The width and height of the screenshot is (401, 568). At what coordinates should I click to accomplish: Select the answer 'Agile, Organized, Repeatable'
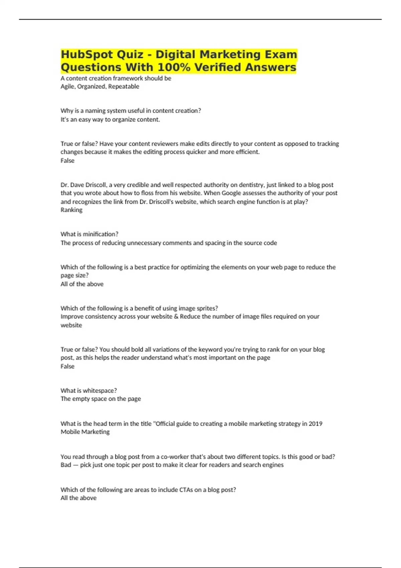tap(100, 87)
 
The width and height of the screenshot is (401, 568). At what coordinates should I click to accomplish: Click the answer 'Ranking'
tap(71, 210)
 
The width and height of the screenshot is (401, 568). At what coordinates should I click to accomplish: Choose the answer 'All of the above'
tap(82, 284)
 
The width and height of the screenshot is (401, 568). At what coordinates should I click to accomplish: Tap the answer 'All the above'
tap(79, 498)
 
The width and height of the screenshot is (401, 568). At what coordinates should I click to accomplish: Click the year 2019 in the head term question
tap(315, 424)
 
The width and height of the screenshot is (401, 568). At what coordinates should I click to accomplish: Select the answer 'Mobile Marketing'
tap(85, 432)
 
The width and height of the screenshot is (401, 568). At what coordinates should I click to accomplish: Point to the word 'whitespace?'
tap(100, 391)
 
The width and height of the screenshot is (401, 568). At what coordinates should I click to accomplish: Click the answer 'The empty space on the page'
tap(101, 399)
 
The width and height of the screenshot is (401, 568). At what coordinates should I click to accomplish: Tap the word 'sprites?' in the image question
tap(207, 308)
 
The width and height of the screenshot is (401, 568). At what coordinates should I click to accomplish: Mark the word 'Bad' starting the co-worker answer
tap(66, 465)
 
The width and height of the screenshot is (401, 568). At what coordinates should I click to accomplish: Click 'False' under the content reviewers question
tap(67, 161)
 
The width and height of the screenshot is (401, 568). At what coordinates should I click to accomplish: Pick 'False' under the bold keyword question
tap(67, 366)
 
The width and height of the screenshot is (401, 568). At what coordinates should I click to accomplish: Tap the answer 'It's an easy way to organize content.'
tap(110, 120)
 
